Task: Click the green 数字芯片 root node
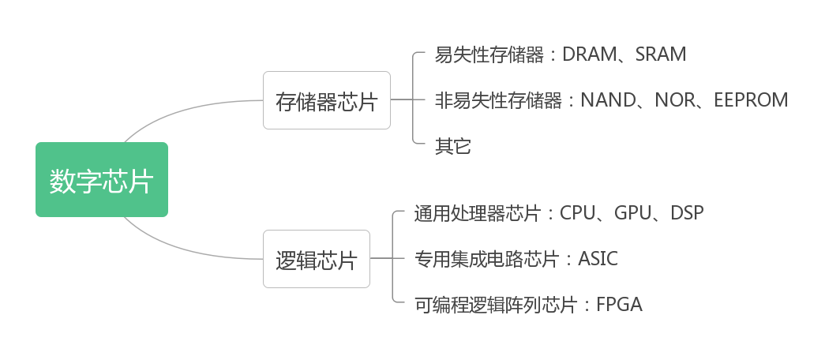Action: tap(102, 180)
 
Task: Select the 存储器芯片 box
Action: tap(326, 101)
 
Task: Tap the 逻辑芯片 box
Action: tap(316, 260)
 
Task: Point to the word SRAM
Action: tap(661, 54)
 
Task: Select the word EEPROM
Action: tap(751, 100)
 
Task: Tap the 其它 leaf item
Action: tap(452, 146)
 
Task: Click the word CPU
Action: tap(576, 213)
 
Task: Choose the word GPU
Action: tap(632, 213)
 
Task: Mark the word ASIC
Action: tap(598, 259)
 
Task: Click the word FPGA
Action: tap(619, 305)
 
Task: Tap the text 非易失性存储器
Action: tap(498, 100)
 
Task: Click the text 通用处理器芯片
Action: tap(478, 213)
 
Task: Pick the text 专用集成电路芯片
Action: tap(487, 259)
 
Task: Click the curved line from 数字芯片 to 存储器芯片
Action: tap(182, 109)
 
